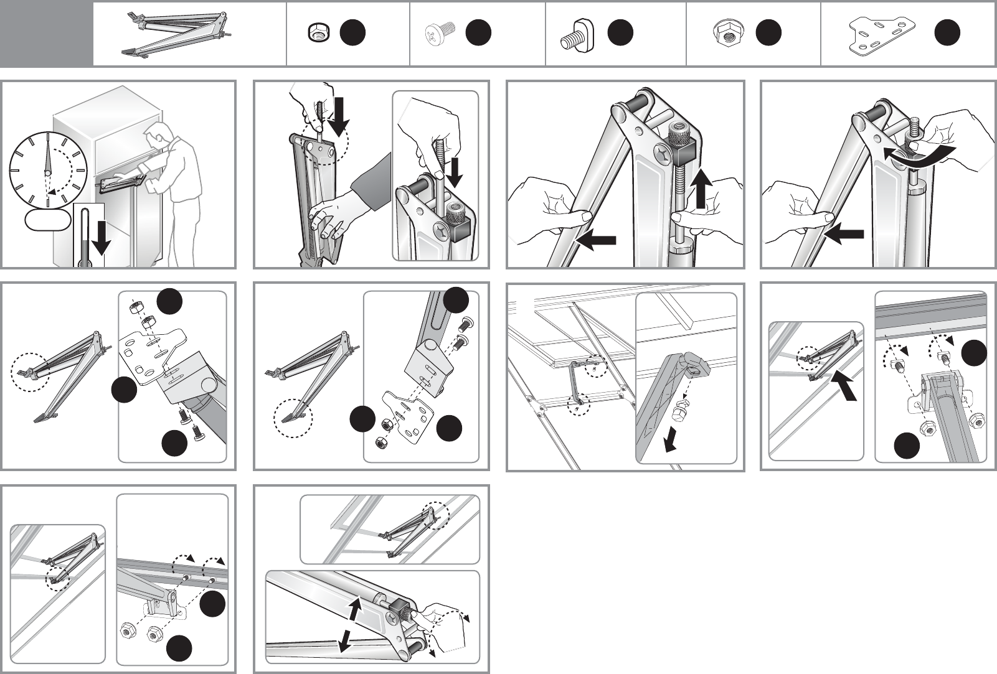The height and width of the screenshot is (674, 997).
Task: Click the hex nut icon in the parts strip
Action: click(318, 34)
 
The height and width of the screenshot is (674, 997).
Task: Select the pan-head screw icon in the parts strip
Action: click(441, 32)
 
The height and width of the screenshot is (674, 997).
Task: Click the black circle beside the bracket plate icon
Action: click(947, 33)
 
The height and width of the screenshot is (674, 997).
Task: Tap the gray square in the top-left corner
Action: click(46, 34)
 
